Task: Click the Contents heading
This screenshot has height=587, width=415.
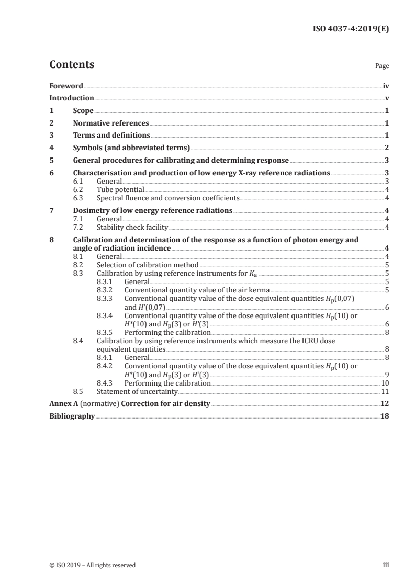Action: [x=72, y=65]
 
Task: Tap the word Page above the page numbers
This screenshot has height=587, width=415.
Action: [x=382, y=66]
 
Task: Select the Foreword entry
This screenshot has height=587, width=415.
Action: [x=66, y=86]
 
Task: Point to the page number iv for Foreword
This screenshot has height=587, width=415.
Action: [x=386, y=86]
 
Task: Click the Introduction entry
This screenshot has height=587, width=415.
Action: [x=72, y=98]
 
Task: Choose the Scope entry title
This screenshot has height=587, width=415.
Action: [x=83, y=110]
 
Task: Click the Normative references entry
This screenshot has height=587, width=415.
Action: [x=111, y=123]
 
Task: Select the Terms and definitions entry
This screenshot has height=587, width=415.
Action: [x=111, y=136]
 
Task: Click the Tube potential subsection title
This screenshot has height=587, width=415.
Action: [x=120, y=190]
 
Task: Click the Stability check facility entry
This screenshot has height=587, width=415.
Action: [x=132, y=227]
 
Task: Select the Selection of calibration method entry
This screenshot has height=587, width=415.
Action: [x=148, y=265]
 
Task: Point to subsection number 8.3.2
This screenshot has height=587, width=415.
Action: [x=106, y=289]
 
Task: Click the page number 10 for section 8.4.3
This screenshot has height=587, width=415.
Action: [x=385, y=383]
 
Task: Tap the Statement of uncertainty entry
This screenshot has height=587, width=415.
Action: [x=138, y=391]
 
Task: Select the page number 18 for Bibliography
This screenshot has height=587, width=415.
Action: [x=385, y=416]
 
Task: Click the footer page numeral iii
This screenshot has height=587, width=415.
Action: [x=386, y=565]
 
